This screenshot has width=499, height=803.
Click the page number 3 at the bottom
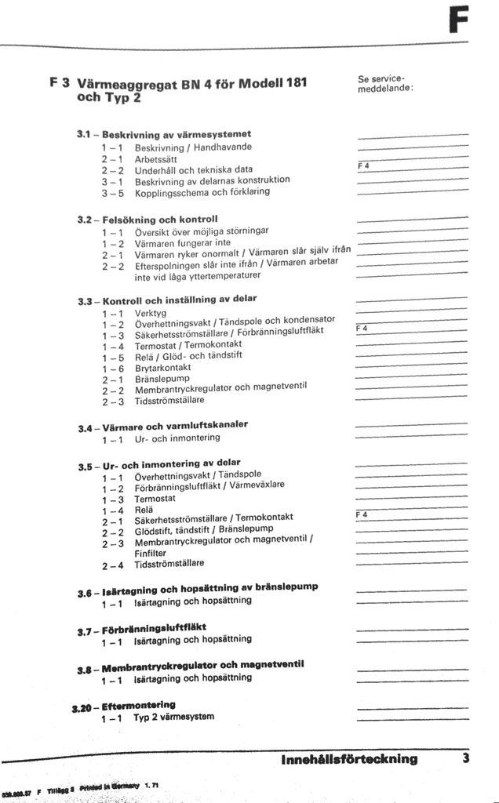pyautogui.click(x=465, y=758)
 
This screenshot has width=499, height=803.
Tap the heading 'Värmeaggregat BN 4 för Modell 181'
pyautogui.click(x=192, y=84)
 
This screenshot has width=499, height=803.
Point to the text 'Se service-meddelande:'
pyautogui.click(x=384, y=83)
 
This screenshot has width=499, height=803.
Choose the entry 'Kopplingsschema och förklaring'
pyautogui.click(x=202, y=191)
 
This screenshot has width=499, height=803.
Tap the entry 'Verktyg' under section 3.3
pyautogui.click(x=150, y=313)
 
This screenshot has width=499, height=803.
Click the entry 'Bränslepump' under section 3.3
pyautogui.click(x=161, y=378)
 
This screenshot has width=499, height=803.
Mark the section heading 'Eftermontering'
pyautogui.click(x=139, y=704)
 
